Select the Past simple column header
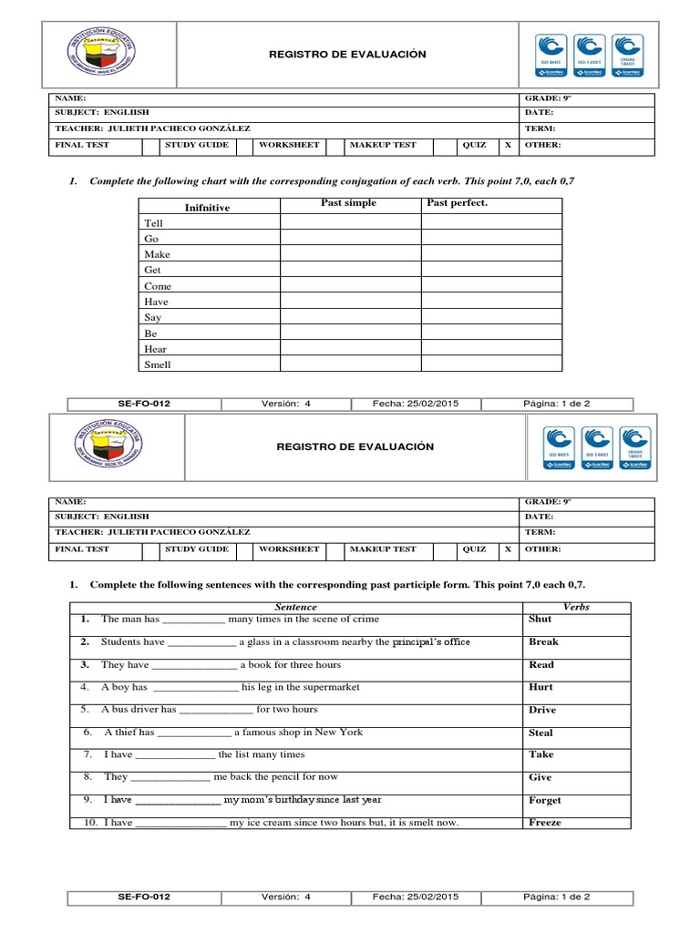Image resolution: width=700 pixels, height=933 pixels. [x=348, y=203]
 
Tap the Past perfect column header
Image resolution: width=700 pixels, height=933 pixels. [x=458, y=203]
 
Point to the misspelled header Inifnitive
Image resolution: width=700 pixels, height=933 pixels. [x=208, y=208]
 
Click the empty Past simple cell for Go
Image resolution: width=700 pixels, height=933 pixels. [x=350, y=239]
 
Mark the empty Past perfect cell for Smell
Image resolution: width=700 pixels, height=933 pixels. [x=491, y=364]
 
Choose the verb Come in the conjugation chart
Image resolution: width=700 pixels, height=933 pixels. [x=158, y=286]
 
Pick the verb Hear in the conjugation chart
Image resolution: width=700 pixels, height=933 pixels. [x=155, y=349]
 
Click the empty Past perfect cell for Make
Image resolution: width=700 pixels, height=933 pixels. [x=491, y=254]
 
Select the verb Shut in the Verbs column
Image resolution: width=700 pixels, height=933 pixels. [x=540, y=620]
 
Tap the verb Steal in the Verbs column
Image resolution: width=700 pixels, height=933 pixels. [x=540, y=733]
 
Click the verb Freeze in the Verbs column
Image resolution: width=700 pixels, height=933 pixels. [x=545, y=823]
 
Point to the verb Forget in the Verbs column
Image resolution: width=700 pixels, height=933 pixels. [x=545, y=800]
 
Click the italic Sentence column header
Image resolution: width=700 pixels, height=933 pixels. [x=295, y=607]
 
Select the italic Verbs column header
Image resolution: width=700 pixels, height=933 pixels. [x=576, y=607]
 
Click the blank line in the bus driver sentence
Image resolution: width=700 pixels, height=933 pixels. [x=216, y=710]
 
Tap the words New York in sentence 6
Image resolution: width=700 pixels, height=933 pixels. [x=340, y=733]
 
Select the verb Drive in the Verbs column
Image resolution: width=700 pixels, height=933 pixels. [x=542, y=710]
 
